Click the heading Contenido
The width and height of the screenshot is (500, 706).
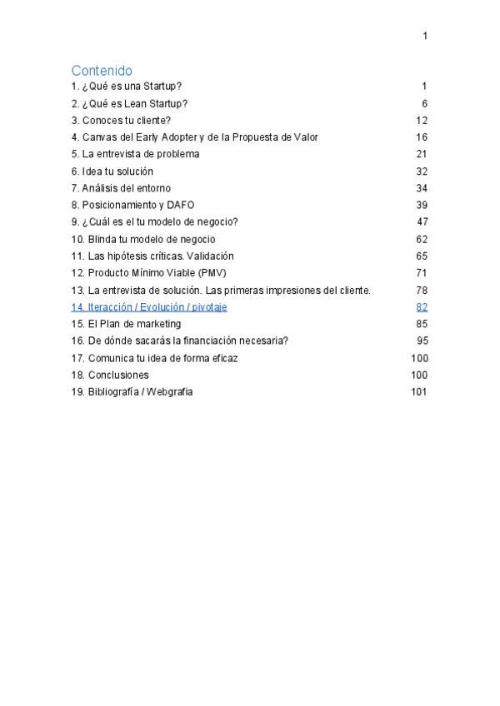102,70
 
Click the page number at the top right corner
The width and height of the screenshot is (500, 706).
425,36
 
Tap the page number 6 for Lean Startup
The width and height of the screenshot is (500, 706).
424,103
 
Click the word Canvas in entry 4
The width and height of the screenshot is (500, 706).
97,137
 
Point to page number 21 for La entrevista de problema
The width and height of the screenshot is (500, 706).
422,154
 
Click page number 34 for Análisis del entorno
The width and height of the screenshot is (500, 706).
422,188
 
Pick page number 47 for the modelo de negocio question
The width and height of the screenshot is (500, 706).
422,222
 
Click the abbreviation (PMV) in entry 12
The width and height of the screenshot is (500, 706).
212,273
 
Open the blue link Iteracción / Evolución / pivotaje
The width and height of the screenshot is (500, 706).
149,307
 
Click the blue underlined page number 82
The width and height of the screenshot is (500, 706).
422,307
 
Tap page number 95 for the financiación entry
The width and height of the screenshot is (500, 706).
422,341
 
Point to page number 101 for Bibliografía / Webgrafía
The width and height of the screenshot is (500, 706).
419,392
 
